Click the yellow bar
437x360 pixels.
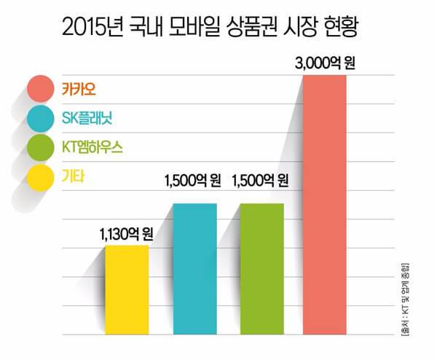pos(127,290)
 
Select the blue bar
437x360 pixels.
pos(194,270)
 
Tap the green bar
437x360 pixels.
pos(262,270)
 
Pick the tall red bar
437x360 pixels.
pos(325,204)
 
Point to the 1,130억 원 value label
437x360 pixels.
pos(126,235)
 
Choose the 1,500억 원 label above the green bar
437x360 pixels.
pos(261,179)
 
